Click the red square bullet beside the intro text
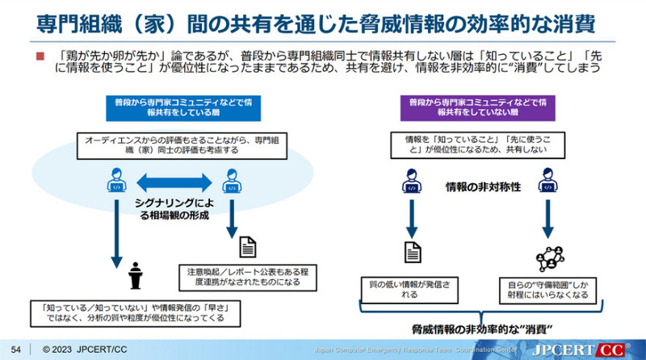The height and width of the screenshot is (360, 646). [39, 57]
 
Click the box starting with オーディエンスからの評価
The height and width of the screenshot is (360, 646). [171, 145]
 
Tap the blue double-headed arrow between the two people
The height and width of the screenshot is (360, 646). [171, 180]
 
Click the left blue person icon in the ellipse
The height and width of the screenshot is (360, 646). [115, 181]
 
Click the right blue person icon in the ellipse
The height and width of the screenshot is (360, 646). [231, 181]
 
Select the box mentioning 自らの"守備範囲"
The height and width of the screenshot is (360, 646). [549, 289]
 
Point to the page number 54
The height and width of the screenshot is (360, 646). [14, 350]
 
